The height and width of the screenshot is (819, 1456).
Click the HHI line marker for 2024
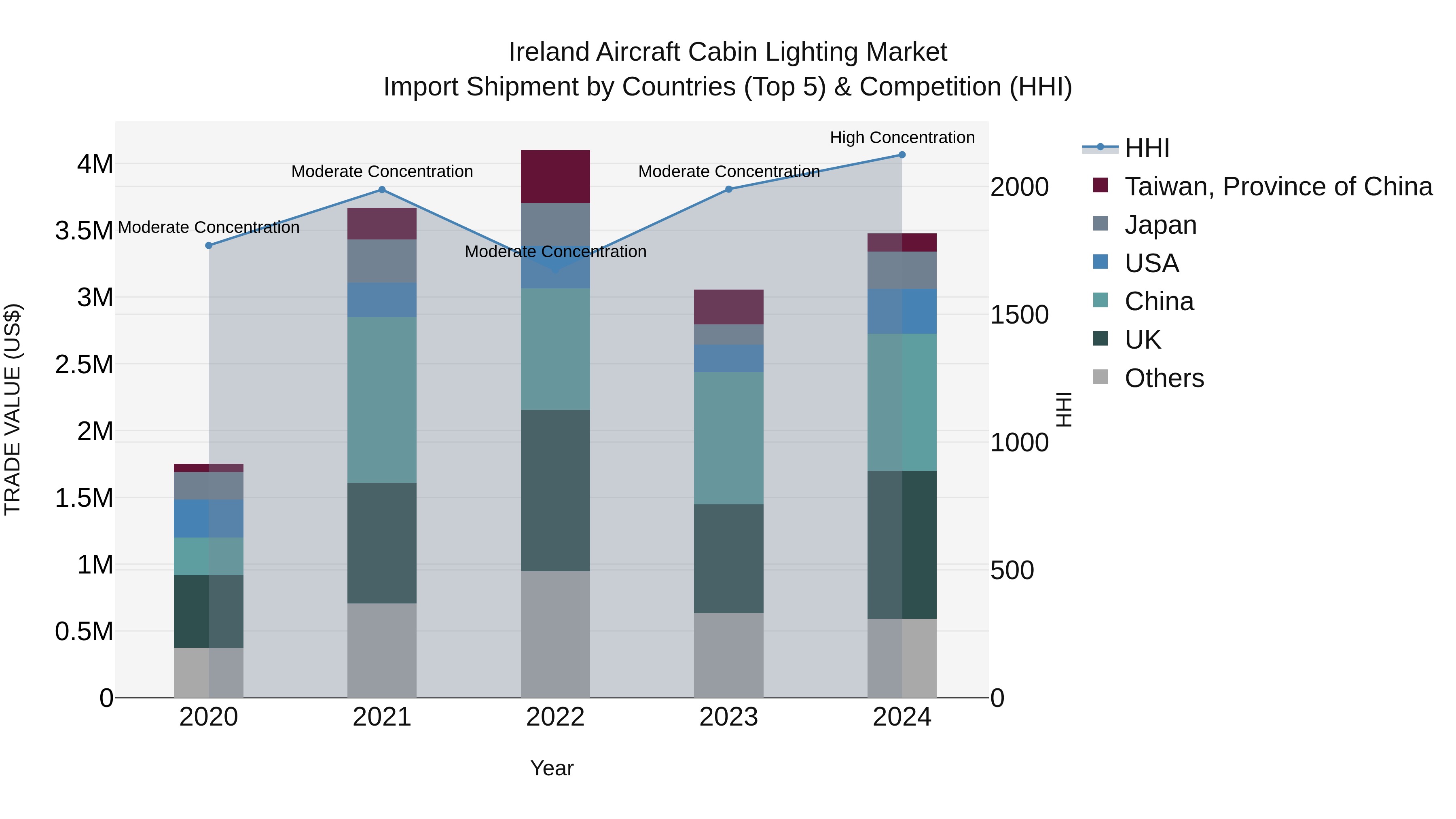pyautogui.click(x=902, y=155)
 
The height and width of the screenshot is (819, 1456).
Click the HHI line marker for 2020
pyautogui.click(x=209, y=245)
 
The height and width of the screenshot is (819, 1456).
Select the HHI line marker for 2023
pyautogui.click(x=728, y=189)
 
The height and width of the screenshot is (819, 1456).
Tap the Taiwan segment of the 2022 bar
pyautogui.click(x=555, y=176)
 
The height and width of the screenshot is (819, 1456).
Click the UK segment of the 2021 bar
pyautogui.click(x=381, y=543)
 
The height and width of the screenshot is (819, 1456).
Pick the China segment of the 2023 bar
pyautogui.click(x=728, y=438)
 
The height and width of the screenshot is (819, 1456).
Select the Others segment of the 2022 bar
pyautogui.click(x=555, y=634)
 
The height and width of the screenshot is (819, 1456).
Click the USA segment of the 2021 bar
pyautogui.click(x=381, y=300)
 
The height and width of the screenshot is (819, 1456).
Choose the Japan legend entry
pyautogui.click(x=1160, y=225)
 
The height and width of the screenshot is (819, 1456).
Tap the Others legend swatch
pyautogui.click(x=1100, y=377)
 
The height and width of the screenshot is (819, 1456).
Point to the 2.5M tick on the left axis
pyautogui.click(x=84, y=364)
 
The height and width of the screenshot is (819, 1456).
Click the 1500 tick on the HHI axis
pyautogui.click(x=1019, y=315)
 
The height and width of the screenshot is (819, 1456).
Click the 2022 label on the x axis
pyautogui.click(x=555, y=717)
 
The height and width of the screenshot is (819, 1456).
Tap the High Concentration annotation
pyautogui.click(x=902, y=138)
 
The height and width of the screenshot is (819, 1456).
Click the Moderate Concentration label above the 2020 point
pyautogui.click(x=209, y=227)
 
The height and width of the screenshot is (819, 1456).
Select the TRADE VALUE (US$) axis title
pyautogui.click(x=13, y=409)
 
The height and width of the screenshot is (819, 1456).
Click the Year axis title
pyautogui.click(x=552, y=768)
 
